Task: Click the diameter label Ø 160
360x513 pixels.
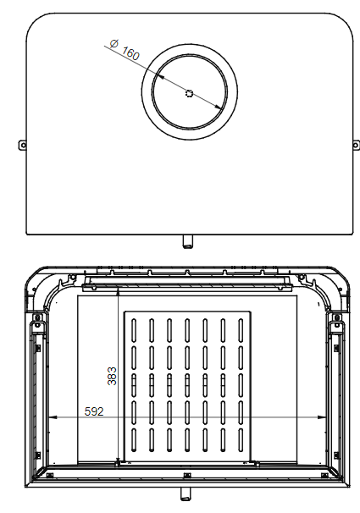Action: (125, 49)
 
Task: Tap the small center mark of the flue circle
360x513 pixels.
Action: (189, 94)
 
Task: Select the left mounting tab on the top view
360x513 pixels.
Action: (23, 145)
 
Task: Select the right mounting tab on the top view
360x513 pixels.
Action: (355, 145)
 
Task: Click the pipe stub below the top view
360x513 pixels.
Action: (186, 242)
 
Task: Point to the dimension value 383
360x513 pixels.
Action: (112, 376)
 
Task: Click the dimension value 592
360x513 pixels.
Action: (96, 412)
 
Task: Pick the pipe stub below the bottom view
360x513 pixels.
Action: (186, 493)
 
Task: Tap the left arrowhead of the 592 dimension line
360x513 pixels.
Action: (53, 417)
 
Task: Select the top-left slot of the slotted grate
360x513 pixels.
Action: (136, 328)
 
